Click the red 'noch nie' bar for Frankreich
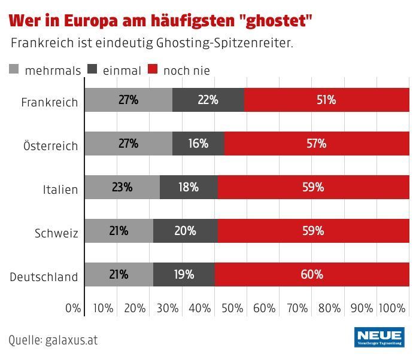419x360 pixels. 327,100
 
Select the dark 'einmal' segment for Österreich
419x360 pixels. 198,144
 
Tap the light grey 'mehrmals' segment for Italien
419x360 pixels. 122,187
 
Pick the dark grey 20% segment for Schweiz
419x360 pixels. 185,231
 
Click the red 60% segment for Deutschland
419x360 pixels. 312,274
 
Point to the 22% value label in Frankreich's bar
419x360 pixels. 208,100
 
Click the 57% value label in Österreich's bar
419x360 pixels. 316,144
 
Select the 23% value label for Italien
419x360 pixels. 122,187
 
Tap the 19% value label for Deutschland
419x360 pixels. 184,274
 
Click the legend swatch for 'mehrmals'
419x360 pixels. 15,70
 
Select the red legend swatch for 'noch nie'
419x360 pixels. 153,70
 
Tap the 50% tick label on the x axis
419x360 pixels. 232,309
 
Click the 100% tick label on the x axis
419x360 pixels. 392,309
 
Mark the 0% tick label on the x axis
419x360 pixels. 72,309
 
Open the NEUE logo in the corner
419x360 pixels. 379,337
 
